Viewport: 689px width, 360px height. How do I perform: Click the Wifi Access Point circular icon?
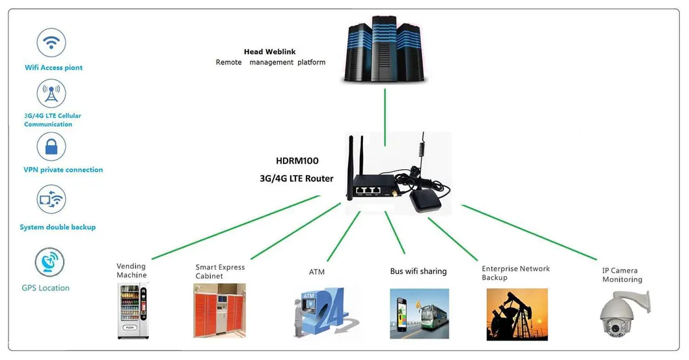(x=51, y=43)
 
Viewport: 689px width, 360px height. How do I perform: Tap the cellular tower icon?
(x=51, y=94)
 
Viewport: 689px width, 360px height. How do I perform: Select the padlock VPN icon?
(x=51, y=147)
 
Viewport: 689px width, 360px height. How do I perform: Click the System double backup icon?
(x=51, y=200)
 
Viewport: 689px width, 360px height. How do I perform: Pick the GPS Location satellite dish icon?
(x=51, y=262)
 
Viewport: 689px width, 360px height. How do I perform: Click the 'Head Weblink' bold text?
(x=270, y=51)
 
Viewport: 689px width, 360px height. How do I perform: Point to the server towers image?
(x=385, y=51)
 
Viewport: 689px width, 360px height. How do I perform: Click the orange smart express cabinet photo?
(x=219, y=311)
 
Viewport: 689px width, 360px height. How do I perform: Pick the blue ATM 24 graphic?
(x=325, y=311)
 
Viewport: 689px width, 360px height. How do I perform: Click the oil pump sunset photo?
(x=517, y=314)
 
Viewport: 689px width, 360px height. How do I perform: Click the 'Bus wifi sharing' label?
(x=418, y=271)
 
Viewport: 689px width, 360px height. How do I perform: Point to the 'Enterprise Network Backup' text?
(x=515, y=273)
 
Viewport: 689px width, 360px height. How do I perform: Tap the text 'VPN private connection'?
(x=63, y=170)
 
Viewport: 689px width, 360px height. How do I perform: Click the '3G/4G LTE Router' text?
(x=297, y=178)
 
